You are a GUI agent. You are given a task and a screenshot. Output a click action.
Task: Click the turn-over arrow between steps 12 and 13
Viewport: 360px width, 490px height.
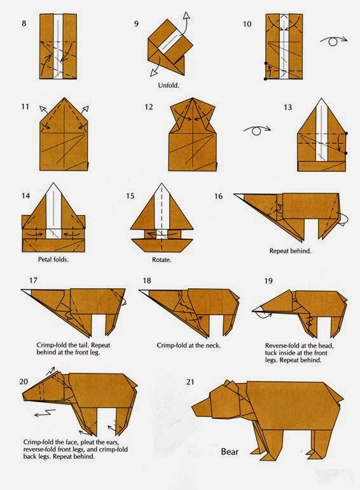click(256, 131)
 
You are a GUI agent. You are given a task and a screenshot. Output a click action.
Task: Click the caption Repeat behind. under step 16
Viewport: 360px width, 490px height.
click(290, 251)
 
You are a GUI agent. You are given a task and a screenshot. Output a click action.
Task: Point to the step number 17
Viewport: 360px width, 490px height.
click(34, 281)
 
